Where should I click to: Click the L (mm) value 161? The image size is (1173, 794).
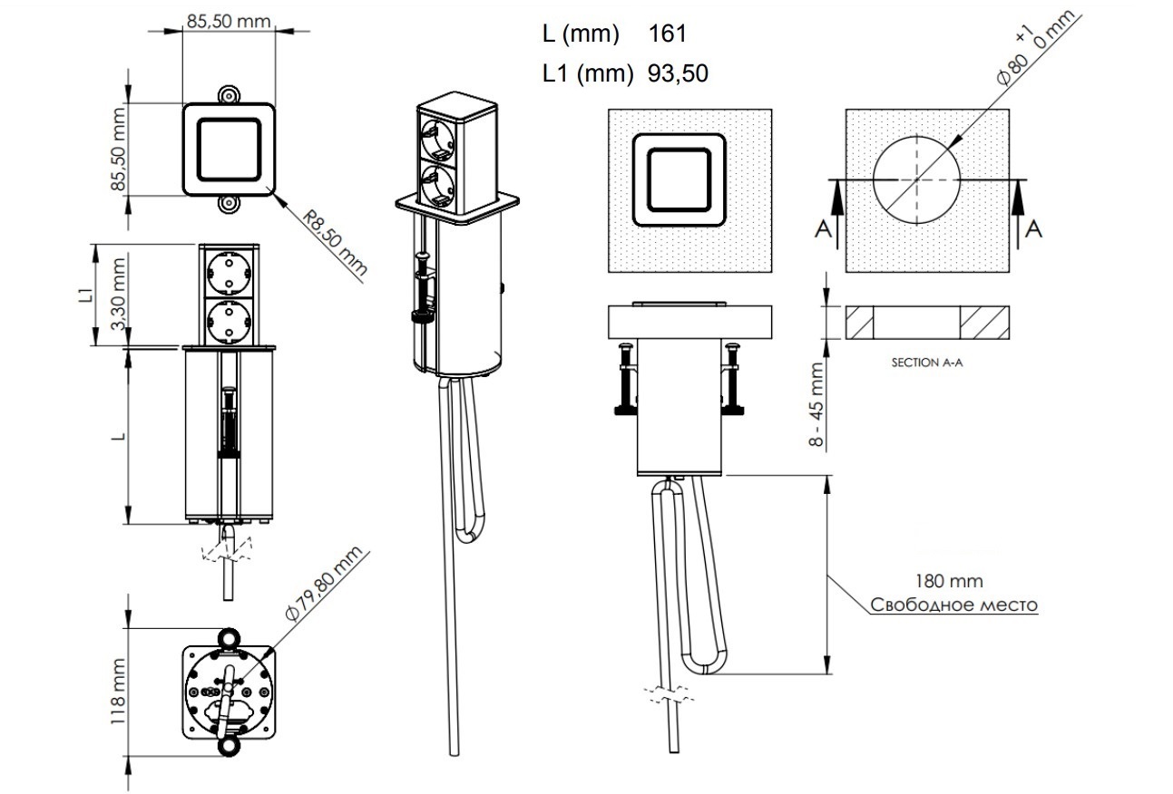[x=668, y=34]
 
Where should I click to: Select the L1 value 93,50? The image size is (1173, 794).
[x=678, y=74]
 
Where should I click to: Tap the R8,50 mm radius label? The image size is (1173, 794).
[x=335, y=243]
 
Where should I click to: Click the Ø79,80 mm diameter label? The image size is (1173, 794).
[x=323, y=584]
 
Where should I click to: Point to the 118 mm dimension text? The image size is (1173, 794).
[x=117, y=693]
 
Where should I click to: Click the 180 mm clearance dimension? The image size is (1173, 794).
[x=949, y=581]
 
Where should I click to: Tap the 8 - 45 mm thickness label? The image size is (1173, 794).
[x=816, y=404]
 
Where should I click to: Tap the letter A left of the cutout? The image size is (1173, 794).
[x=823, y=230]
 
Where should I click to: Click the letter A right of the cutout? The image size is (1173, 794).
[x=1033, y=230]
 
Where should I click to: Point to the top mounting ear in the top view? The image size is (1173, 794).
[x=228, y=94]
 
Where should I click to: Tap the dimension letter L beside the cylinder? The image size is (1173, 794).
[x=117, y=436]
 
